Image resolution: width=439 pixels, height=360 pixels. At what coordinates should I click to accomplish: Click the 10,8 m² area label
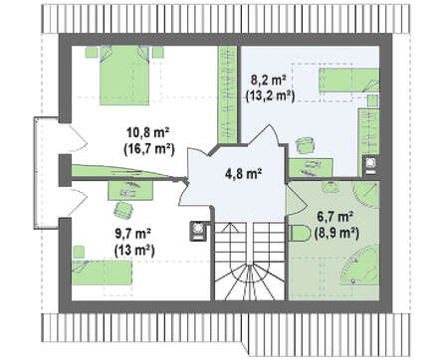click(x=148, y=133)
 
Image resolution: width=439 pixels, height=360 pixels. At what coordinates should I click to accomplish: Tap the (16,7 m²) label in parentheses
click(x=149, y=150)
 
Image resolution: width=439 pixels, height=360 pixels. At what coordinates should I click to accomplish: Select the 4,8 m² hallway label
click(x=244, y=173)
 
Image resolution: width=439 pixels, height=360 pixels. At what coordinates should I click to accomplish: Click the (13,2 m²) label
click(x=270, y=96)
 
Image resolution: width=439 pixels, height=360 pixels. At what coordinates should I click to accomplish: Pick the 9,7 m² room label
click(x=133, y=234)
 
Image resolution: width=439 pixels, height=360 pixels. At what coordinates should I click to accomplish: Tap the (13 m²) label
click(x=134, y=250)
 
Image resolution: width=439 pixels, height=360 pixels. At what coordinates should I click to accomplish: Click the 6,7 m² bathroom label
click(x=334, y=218)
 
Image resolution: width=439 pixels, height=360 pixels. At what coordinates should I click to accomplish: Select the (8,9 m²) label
click(x=336, y=234)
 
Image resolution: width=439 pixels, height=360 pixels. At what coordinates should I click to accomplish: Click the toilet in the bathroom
click(x=300, y=233)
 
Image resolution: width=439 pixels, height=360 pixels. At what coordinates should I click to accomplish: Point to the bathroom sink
click(x=329, y=187)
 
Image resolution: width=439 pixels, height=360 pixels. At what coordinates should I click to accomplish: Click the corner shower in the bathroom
click(x=365, y=196)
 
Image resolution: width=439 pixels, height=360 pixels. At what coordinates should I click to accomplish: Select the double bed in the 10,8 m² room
click(x=124, y=76)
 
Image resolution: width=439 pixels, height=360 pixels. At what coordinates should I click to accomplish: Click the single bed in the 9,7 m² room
click(x=103, y=272)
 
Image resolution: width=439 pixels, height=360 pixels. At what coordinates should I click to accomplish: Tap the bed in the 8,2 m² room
click(x=349, y=81)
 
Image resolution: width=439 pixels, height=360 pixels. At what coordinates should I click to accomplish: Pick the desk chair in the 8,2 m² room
click(x=305, y=146)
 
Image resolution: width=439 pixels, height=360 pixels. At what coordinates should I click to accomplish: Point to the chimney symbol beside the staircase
click(x=198, y=231)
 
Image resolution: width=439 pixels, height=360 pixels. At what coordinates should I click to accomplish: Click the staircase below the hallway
click(x=249, y=262)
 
